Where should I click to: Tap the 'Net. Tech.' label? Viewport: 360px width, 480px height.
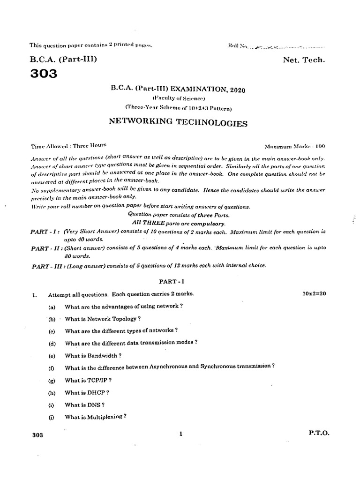(x=303, y=60)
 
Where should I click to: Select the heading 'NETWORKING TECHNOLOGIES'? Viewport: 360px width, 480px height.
(x=178, y=123)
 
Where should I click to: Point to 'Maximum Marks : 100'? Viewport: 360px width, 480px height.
(x=295, y=146)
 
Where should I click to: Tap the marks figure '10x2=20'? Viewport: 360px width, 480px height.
(x=315, y=294)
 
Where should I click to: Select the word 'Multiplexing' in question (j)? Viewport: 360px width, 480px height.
(x=104, y=417)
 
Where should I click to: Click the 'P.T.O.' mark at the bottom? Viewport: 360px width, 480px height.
(x=319, y=434)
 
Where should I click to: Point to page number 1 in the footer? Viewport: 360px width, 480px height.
(x=180, y=434)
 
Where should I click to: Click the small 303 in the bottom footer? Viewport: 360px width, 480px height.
(x=38, y=435)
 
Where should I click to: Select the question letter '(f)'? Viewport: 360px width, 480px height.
(x=51, y=368)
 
